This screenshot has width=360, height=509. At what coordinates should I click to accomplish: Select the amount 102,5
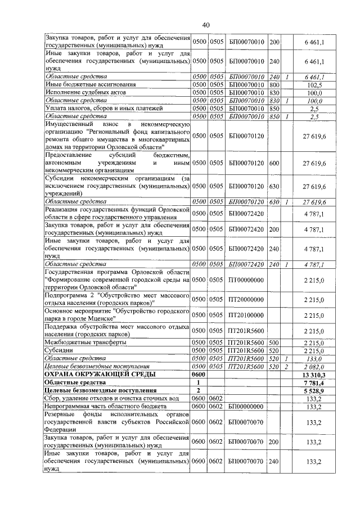[x=314, y=84]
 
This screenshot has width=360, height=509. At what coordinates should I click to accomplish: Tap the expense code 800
[x=274, y=84]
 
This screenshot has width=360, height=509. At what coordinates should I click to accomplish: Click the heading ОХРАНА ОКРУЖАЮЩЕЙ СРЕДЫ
[x=100, y=374]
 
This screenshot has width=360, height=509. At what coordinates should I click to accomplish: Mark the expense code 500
[x=274, y=342]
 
